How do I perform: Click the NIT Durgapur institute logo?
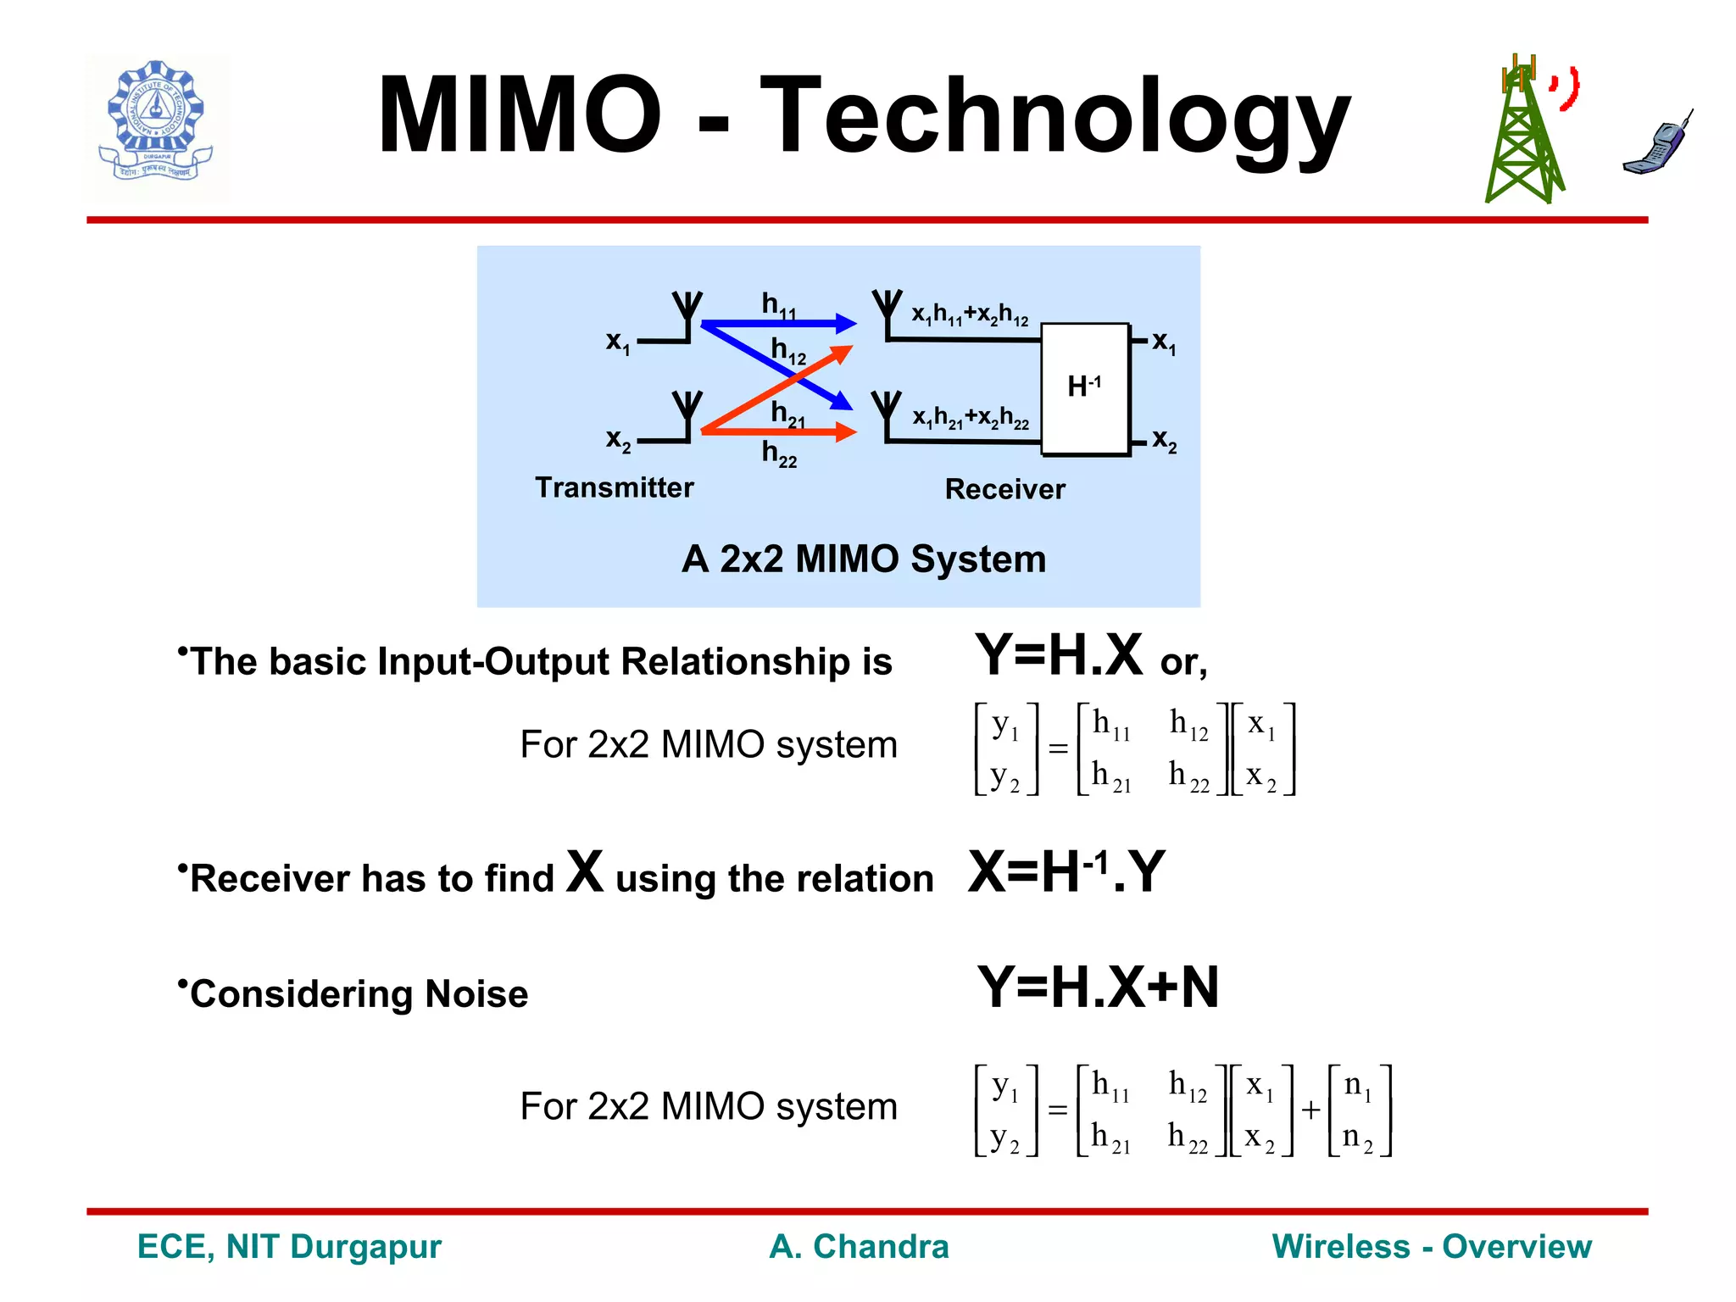tap(156, 125)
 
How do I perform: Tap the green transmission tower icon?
tap(1523, 136)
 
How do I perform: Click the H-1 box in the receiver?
tap(1084, 388)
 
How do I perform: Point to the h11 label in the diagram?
tap(778, 305)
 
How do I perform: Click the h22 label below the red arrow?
tap(778, 453)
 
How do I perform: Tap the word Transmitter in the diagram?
tap(614, 487)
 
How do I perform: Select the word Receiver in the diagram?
tap(1004, 489)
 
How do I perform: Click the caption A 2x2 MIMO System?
tap(863, 559)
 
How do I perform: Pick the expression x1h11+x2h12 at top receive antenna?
tap(969, 314)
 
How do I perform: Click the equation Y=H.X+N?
tap(1097, 988)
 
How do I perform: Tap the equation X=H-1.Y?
tap(1066, 872)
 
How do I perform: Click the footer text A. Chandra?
tap(858, 1246)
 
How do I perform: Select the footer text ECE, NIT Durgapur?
tap(289, 1246)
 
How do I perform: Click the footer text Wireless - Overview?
tap(1431, 1246)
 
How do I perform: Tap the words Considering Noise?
tap(359, 993)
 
